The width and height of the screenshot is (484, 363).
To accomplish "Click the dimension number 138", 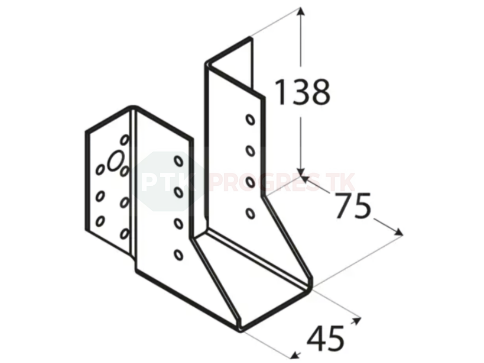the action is [302, 92].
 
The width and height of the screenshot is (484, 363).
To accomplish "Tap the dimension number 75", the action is [353, 206].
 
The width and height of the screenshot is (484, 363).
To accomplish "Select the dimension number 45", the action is [325, 339].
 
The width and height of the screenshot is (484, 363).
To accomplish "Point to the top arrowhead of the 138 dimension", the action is [301, 12].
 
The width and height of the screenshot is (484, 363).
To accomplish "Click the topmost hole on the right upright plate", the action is [250, 120].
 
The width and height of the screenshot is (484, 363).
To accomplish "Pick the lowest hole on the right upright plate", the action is [250, 213].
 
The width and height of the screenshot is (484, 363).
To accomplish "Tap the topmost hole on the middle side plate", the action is [178, 161].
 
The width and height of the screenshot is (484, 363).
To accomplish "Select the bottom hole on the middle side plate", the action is [178, 255].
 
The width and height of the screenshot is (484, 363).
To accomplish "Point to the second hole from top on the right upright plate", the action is [250, 151].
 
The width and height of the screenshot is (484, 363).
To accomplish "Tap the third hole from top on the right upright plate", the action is [250, 182].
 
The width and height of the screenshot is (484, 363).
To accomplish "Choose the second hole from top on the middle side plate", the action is [178, 192].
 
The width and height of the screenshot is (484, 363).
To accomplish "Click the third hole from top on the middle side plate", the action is [178, 224].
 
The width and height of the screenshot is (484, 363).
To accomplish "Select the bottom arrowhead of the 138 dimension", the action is [301, 173].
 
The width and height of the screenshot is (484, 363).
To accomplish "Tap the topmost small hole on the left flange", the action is [124, 140].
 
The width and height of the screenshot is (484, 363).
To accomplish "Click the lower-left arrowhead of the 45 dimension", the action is [295, 355].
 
